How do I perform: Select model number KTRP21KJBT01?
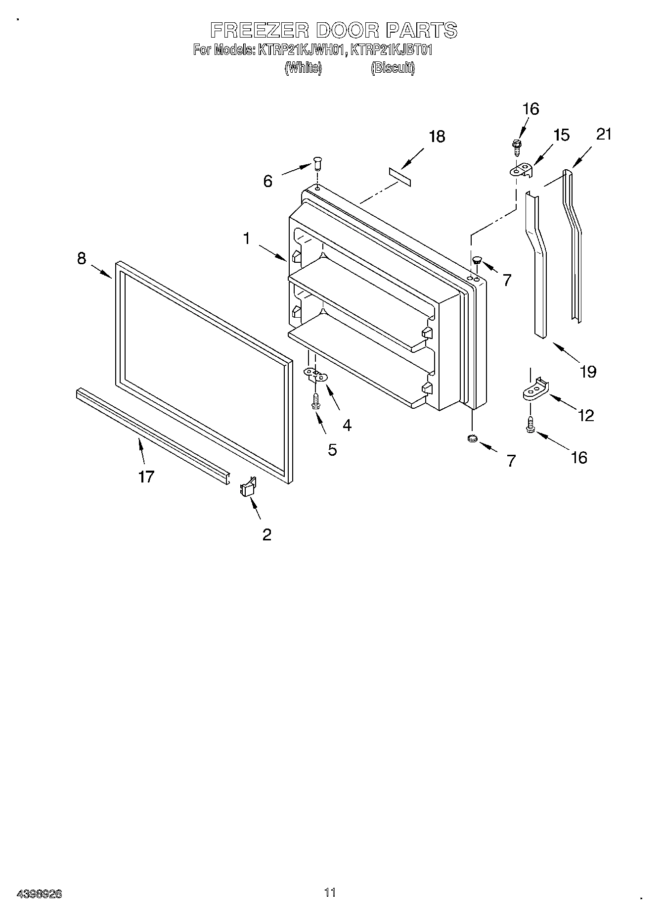tap(391, 50)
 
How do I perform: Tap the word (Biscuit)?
tap(393, 68)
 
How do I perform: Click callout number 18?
tap(437, 137)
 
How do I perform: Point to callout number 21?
tap(604, 134)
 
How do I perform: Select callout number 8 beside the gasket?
tap(82, 258)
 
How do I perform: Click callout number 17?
tap(146, 477)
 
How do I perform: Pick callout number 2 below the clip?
tap(267, 534)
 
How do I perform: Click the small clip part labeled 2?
tap(248, 487)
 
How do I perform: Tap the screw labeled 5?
tap(314, 400)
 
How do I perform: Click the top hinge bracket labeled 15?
tap(522, 170)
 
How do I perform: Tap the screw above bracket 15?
tap(518, 147)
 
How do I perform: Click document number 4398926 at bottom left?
tap(40, 894)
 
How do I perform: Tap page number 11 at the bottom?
tap(330, 892)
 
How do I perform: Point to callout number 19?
tap(588, 371)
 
